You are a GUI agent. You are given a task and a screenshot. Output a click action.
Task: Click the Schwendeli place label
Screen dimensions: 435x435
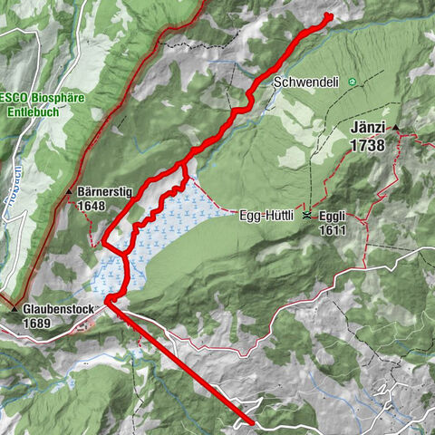[305, 82]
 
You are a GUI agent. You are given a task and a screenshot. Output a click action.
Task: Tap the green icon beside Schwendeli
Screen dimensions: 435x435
[352, 82]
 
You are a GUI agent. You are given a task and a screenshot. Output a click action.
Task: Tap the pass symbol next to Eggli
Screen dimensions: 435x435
[307, 216]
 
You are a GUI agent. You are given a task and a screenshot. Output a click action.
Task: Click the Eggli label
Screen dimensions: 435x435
[331, 216]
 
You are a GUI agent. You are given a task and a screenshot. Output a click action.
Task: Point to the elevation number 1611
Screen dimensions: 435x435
[331, 230]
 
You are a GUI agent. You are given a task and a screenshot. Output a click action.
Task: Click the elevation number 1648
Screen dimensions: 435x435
[92, 206]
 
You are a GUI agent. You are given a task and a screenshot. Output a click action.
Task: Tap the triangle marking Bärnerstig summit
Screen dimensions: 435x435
[69, 192]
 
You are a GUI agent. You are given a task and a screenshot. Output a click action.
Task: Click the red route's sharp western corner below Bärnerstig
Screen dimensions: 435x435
[103, 243]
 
